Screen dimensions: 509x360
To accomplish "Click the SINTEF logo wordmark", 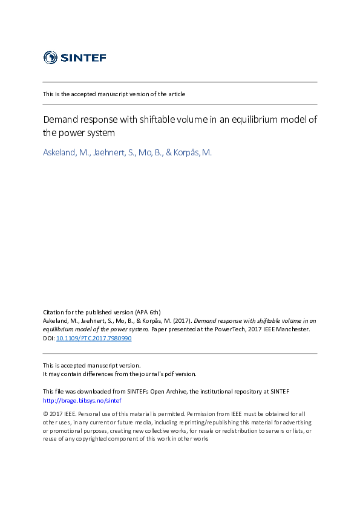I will click(x=83, y=57).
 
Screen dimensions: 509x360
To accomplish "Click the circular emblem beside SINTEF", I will click(x=50, y=57).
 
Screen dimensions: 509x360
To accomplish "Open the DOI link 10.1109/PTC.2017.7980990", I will click(x=93, y=339).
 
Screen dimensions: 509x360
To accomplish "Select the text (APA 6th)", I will click(x=148, y=311).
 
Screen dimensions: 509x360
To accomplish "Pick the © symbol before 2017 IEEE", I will click(x=45, y=413).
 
